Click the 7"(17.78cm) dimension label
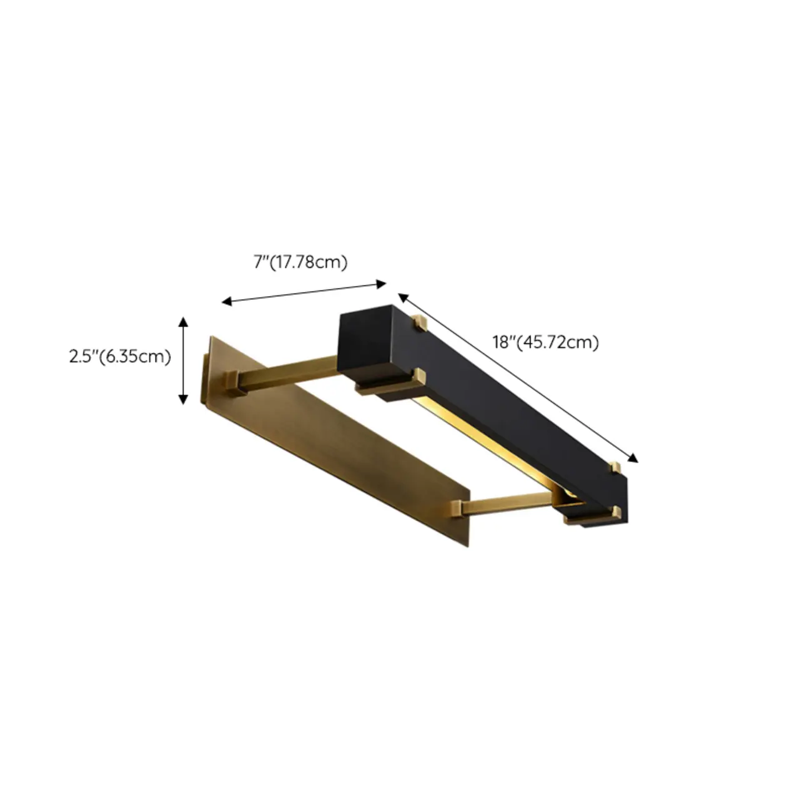click(x=300, y=263)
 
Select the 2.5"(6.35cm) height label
click(x=120, y=357)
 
